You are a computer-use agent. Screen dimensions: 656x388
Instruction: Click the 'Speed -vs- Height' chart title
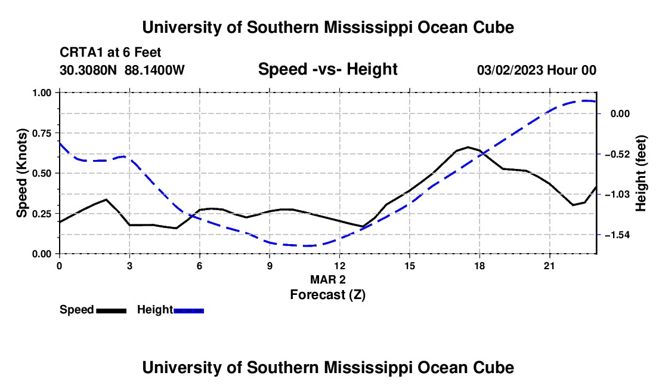[x=327, y=69]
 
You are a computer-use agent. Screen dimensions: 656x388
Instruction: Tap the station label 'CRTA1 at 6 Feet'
[x=110, y=53]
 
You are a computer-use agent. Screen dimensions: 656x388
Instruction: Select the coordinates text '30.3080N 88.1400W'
[x=122, y=70]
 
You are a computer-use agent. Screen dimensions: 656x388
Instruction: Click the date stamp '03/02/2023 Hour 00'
[x=537, y=70]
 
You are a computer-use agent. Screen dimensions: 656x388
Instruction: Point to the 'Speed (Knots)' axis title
[x=21, y=173]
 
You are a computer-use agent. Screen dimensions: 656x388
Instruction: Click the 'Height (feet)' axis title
[x=640, y=173]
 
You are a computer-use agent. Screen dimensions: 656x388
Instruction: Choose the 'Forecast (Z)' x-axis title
[x=328, y=295]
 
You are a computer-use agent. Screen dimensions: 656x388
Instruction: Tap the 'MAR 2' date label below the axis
[x=328, y=279]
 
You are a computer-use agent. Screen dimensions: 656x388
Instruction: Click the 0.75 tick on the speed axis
[x=42, y=133]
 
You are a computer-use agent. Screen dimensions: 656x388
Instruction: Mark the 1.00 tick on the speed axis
[x=42, y=93]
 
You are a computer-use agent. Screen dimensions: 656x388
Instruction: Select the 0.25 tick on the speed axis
[x=42, y=214]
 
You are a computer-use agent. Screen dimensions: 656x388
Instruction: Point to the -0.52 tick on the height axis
[x=617, y=155]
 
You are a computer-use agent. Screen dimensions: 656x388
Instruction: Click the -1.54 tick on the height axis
[x=617, y=235]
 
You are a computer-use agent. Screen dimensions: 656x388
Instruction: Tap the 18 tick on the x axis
[x=479, y=266]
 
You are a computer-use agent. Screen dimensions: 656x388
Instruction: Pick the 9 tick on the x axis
[x=270, y=266]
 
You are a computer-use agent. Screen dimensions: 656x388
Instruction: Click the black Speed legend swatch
[x=112, y=310]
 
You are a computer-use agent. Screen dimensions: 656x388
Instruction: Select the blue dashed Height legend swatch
[x=188, y=310]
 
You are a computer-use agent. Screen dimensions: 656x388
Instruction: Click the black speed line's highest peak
[x=468, y=147]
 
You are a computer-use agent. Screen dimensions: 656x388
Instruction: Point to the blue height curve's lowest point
[x=305, y=246]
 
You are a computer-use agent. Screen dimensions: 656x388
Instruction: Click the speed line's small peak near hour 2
[x=106, y=199]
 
